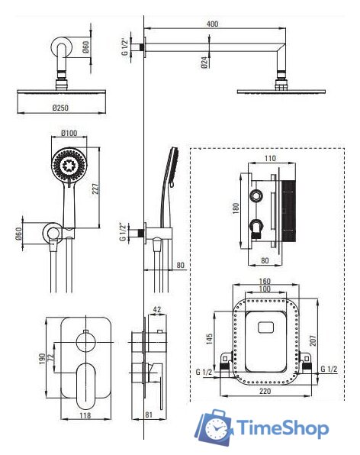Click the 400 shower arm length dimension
(x=213, y=24)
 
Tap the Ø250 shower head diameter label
(x=60, y=108)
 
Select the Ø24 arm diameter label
(x=204, y=63)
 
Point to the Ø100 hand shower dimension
(x=69, y=133)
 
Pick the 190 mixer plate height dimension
(x=42, y=359)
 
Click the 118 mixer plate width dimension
(x=85, y=415)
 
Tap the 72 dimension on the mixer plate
(x=51, y=357)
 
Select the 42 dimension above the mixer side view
(x=157, y=309)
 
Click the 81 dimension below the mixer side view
(x=149, y=415)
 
